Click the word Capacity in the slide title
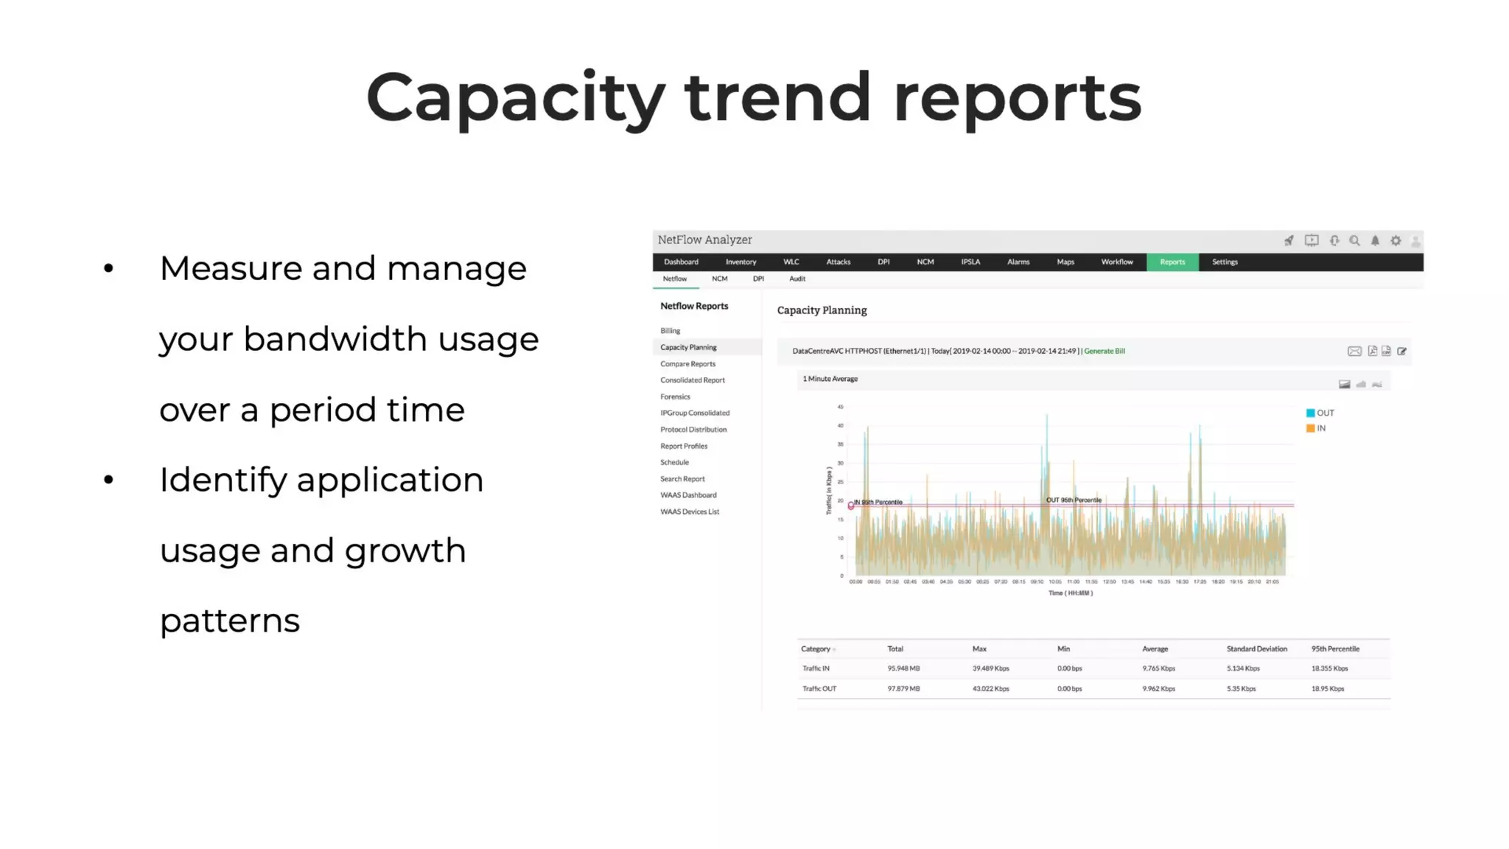tap(515, 98)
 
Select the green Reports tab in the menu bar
tap(1172, 262)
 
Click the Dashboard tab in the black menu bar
tap(681, 262)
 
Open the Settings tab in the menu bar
tap(1225, 262)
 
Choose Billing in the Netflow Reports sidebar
tap(670, 331)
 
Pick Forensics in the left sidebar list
tap(675, 396)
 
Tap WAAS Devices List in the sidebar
tap(690, 511)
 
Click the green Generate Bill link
tap(1104, 351)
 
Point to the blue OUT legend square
tap(1310, 413)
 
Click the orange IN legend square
tap(1310, 428)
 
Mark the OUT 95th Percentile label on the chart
tap(1074, 500)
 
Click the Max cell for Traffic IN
tap(990, 668)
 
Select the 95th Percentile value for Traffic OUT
tap(1327, 688)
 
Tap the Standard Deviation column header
tap(1256, 649)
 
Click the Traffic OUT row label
tap(819, 688)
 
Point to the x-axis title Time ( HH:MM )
tap(1070, 593)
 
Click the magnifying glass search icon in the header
tap(1354, 240)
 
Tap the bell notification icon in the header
tap(1375, 240)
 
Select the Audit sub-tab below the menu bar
tap(797, 279)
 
